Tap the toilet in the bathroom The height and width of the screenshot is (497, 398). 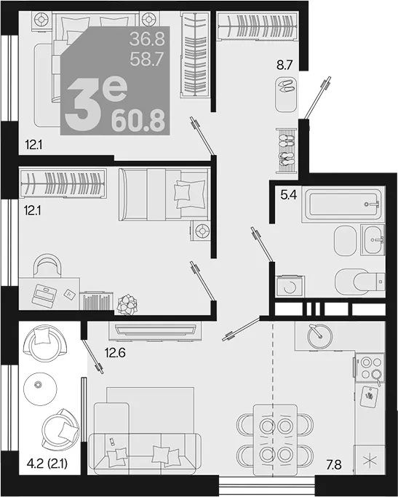[360, 281]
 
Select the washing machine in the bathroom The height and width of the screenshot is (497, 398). [290, 286]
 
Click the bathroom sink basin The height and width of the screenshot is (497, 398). [374, 239]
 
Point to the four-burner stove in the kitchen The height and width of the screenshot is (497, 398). [369, 367]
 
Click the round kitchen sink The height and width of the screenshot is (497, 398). [319, 336]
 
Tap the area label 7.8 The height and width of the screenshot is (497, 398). [333, 465]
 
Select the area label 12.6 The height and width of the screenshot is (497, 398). [116, 352]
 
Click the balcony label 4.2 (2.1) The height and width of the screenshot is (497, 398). [47, 464]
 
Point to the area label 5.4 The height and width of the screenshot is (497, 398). [288, 195]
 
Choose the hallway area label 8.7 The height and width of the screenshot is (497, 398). [284, 65]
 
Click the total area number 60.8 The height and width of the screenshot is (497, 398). [138, 121]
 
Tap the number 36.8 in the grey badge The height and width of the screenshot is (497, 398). [148, 39]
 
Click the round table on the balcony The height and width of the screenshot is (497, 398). [40, 389]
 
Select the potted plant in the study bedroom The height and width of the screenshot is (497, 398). [127, 305]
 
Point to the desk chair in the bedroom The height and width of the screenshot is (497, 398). [48, 266]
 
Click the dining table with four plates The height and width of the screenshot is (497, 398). [275, 440]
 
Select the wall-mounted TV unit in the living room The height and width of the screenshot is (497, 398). [155, 330]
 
